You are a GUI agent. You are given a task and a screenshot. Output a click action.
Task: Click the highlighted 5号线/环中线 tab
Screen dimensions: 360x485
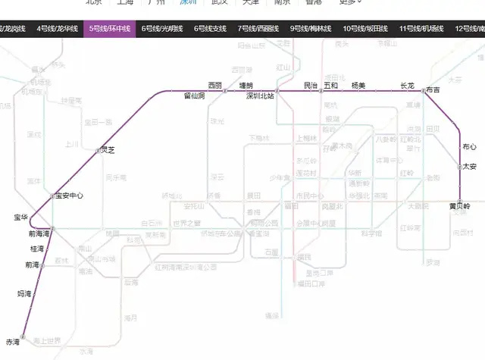(110, 29)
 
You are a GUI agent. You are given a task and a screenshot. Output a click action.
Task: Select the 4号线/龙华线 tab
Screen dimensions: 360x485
(58, 29)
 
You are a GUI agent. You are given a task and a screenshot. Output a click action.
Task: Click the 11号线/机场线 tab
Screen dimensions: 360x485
(424, 29)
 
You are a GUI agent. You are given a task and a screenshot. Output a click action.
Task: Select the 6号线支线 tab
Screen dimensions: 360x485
(210, 29)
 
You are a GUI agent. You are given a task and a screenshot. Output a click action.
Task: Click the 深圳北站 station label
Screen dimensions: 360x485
(260, 97)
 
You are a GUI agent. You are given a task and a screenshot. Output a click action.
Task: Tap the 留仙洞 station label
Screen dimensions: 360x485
(195, 96)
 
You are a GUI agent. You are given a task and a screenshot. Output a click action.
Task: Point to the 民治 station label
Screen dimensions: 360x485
(310, 86)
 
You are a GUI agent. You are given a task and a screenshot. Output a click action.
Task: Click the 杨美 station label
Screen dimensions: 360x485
(358, 86)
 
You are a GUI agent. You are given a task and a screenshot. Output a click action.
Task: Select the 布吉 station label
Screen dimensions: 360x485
(433, 90)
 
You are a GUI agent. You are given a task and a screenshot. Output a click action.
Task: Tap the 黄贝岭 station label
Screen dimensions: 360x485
(459, 205)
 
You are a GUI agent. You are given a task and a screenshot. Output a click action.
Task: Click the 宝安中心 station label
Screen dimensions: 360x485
(69, 196)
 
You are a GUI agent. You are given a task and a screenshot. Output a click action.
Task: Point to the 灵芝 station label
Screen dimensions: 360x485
(107, 150)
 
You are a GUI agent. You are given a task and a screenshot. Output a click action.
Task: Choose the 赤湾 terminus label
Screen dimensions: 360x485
(12, 342)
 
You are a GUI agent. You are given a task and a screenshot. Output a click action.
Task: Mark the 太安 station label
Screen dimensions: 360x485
(470, 166)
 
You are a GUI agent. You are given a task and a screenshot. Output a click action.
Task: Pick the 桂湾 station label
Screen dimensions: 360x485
(36, 249)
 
